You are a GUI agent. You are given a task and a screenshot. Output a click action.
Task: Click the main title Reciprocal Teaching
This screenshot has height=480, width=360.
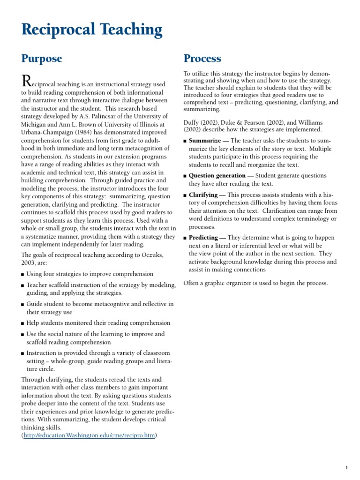coord(92,30)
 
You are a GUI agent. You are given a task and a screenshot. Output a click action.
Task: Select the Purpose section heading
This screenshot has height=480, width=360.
coord(42,59)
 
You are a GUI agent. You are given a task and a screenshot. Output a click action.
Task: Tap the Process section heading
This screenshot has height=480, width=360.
coord(202,59)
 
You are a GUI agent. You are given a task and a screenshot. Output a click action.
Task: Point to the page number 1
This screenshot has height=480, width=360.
coord(346,467)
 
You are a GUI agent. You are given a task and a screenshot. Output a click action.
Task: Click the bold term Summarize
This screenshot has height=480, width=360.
coord(205,141)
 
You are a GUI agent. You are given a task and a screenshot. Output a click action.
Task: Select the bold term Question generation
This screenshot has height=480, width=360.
coord(217,176)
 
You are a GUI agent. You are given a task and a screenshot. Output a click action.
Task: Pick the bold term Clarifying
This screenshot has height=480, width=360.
coord(203,195)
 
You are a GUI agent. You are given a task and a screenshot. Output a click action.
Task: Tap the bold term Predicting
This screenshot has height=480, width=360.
coord(203,238)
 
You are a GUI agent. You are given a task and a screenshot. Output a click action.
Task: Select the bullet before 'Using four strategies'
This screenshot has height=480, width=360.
coord(23,274)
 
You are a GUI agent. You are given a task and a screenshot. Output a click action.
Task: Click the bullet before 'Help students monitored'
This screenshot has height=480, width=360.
coord(23,323)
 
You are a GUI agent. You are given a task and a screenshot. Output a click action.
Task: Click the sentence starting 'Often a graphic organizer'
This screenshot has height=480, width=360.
coord(255,283)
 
